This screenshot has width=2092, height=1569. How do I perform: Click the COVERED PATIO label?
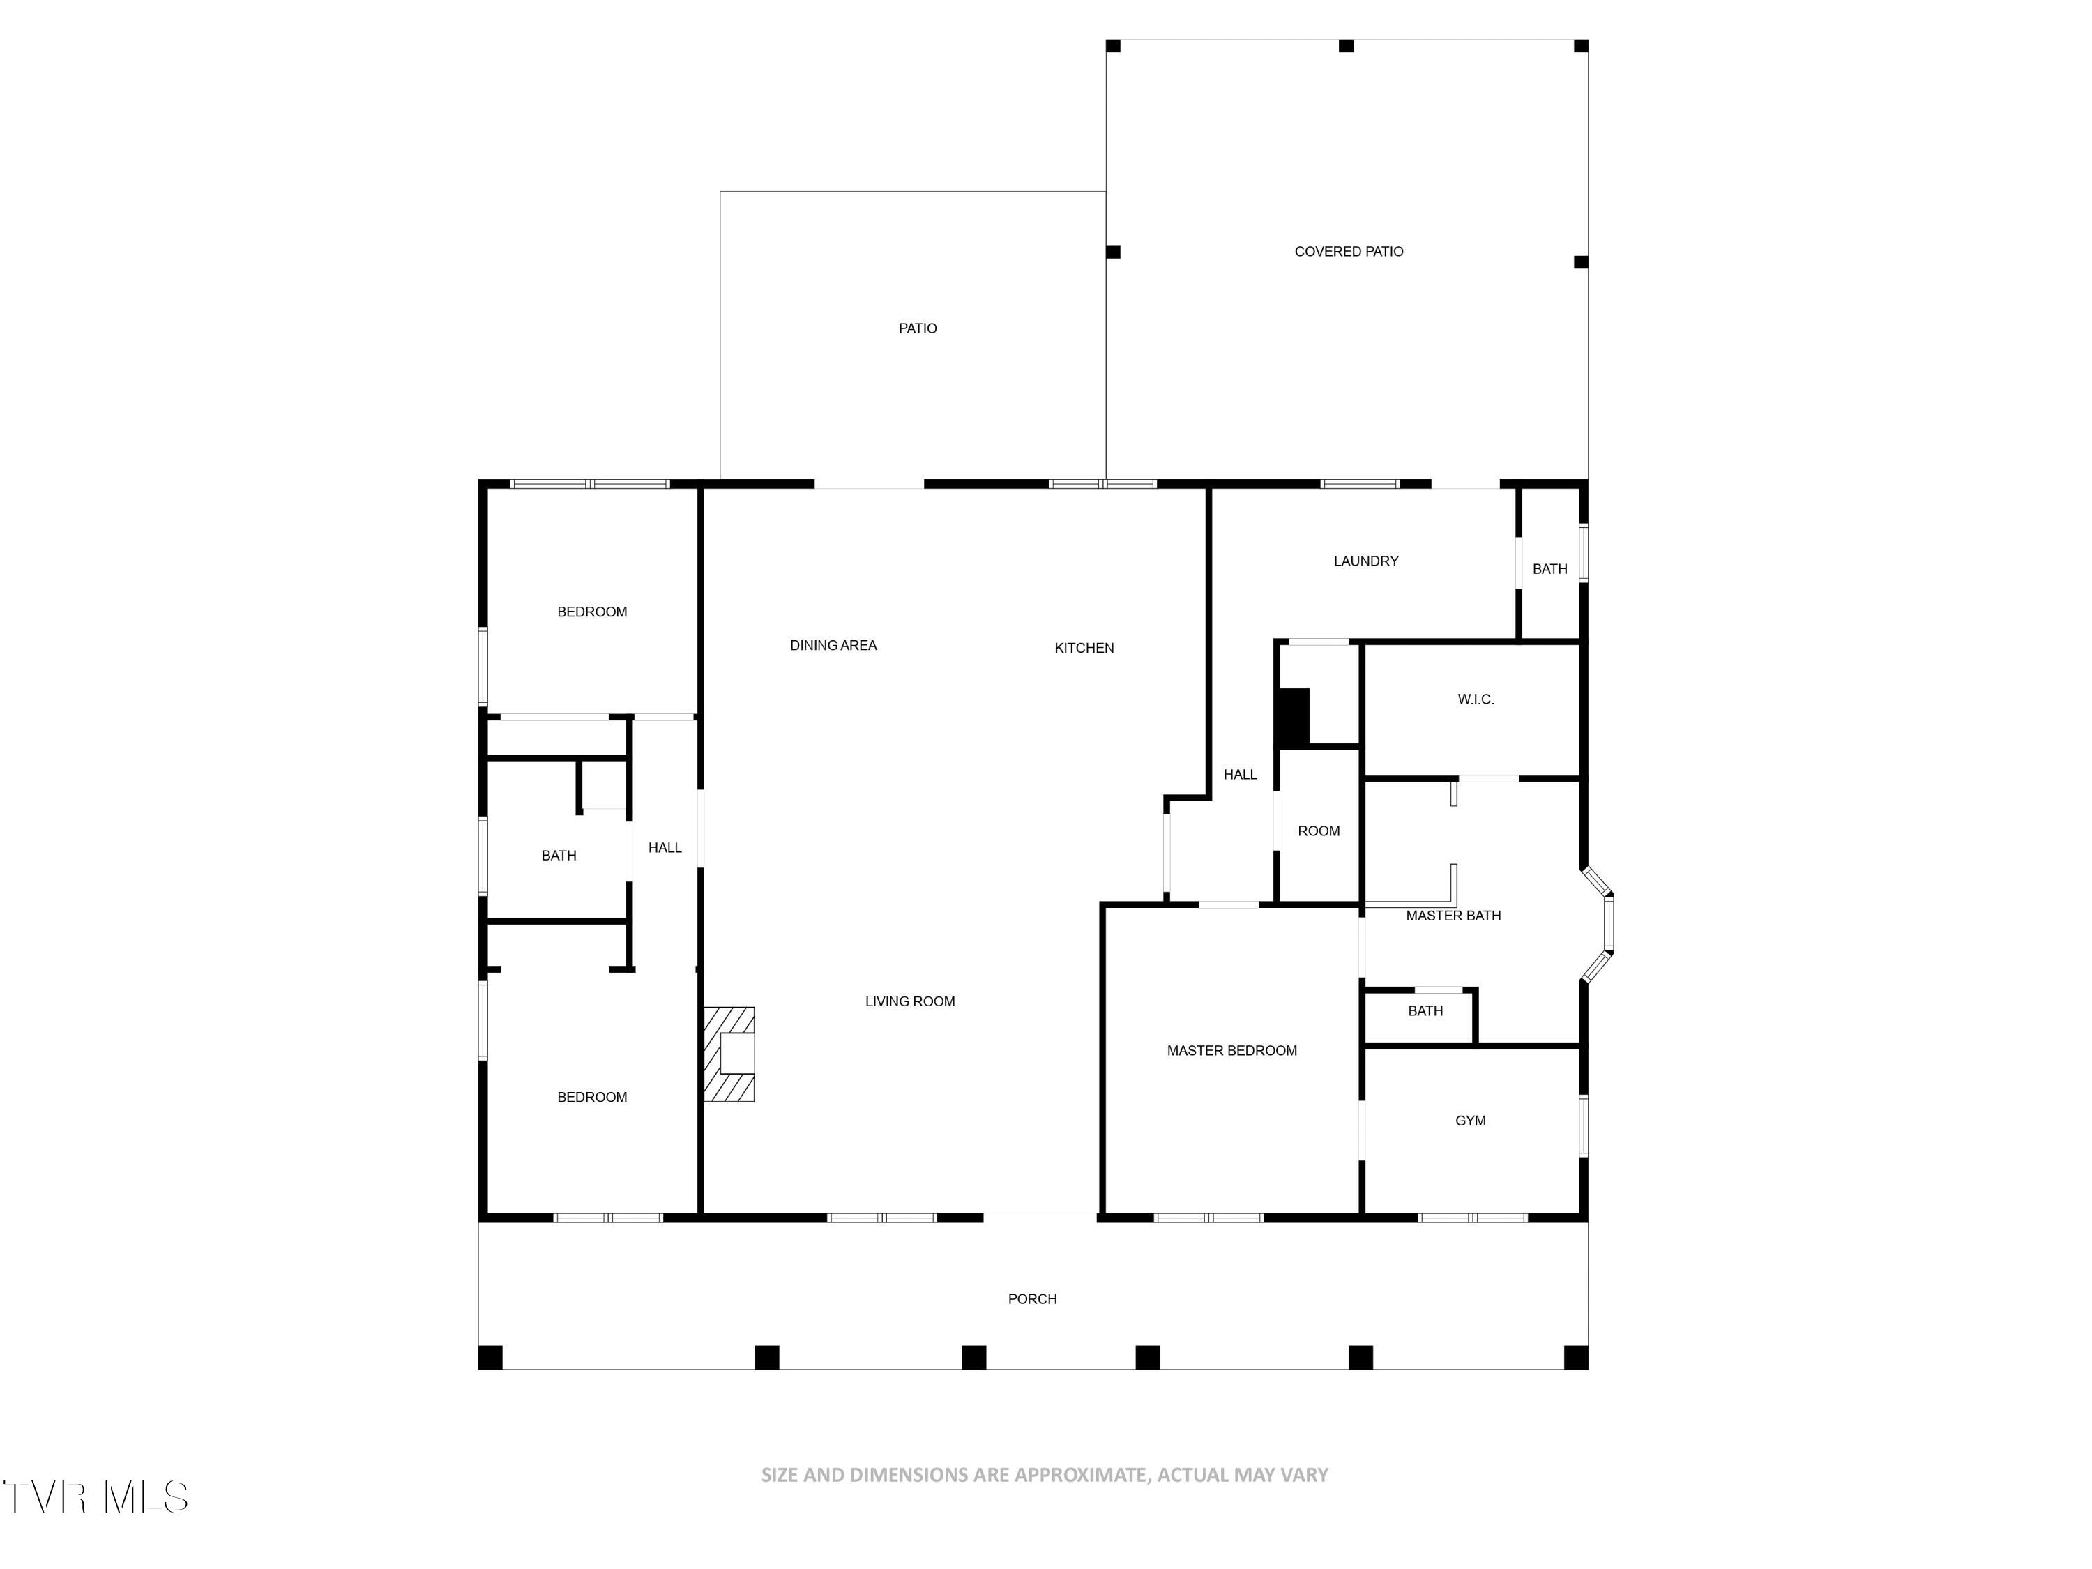(x=1349, y=252)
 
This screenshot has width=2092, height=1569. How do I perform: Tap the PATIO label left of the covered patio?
(x=918, y=328)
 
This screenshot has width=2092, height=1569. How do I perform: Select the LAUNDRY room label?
(x=1365, y=561)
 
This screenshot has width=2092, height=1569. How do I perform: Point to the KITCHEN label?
(x=1084, y=648)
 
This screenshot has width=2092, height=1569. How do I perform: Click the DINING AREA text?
(x=833, y=645)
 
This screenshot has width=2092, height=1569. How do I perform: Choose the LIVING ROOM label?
(x=910, y=1001)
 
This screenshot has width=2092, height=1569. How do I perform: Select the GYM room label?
(x=1470, y=1121)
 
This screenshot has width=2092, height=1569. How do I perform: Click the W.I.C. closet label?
(x=1476, y=700)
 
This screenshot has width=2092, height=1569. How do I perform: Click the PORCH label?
(x=1032, y=1298)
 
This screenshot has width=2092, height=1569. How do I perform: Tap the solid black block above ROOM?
(x=1293, y=717)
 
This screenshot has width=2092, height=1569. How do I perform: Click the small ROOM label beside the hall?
(x=1319, y=831)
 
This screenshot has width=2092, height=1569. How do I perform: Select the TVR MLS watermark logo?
(x=95, y=1497)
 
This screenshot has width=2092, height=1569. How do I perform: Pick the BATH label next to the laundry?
(x=1549, y=568)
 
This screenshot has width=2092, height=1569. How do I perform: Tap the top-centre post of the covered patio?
(x=1346, y=46)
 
